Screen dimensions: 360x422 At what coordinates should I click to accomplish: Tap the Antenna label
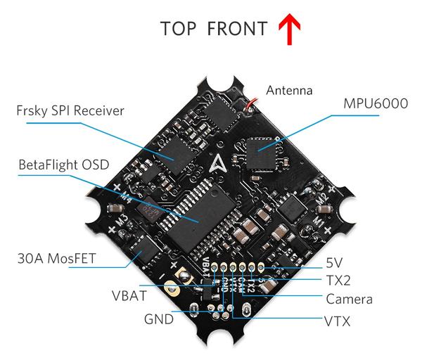[288, 91]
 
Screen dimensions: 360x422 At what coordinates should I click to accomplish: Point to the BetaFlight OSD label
[64, 165]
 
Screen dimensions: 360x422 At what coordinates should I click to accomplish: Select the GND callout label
[158, 318]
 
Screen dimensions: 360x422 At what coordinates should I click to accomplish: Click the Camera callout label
[349, 300]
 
